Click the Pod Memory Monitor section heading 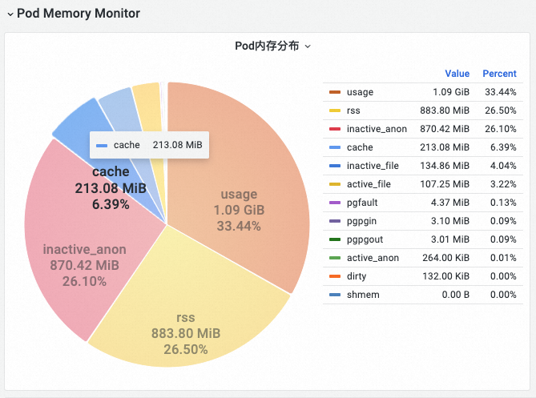tap(79, 14)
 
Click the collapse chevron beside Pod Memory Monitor tap(10, 14)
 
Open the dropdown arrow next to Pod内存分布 tap(308, 46)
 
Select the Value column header tap(457, 74)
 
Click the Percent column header tap(499, 74)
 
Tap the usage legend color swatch tap(335, 92)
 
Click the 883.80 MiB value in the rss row tap(445, 111)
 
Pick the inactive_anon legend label tap(377, 129)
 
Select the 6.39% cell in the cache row tap(503, 147)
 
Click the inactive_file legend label tap(373, 166)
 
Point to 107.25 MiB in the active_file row tap(445, 184)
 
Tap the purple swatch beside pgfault tap(335, 203)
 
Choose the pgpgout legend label tap(365, 239)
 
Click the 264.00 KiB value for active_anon tap(445, 258)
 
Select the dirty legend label tap(357, 276)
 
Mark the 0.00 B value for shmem tap(456, 295)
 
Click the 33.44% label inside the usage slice tap(239, 226)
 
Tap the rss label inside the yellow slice tap(186, 318)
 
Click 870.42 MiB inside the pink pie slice tap(84, 265)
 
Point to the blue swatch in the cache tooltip tap(102, 146)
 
